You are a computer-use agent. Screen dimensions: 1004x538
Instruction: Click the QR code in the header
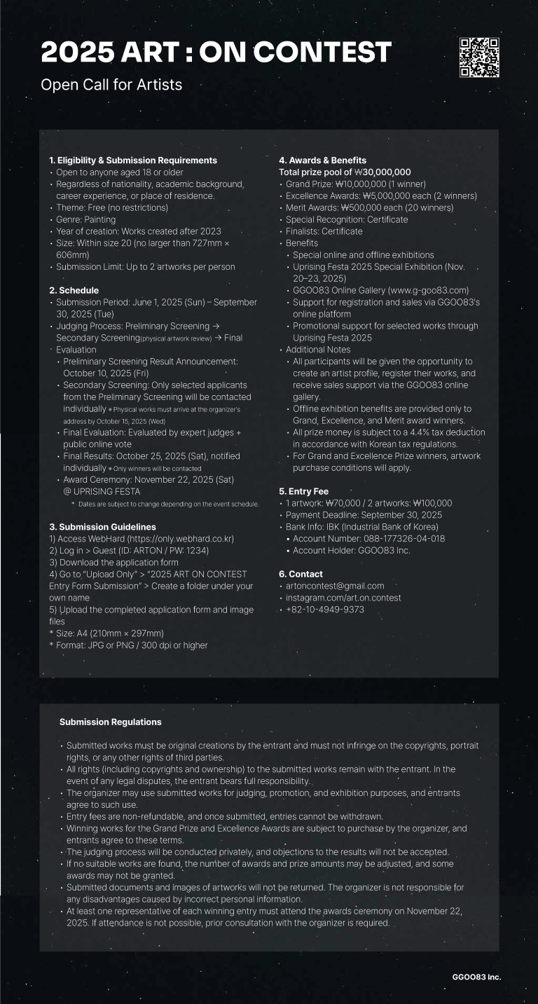(479, 57)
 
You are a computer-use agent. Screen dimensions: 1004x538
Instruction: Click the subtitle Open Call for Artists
(111, 85)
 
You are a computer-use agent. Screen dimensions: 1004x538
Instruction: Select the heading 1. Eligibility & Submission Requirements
(133, 160)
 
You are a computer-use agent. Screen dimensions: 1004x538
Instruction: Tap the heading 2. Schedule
(74, 290)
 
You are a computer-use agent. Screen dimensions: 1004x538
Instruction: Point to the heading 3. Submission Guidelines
(102, 527)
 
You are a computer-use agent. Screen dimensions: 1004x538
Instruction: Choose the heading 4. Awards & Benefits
(322, 160)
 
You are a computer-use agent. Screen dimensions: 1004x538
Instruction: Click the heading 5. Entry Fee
(303, 491)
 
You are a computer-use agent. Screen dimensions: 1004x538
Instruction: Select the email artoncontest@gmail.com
(335, 586)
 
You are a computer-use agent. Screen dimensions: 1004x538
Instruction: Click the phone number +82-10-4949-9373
(325, 610)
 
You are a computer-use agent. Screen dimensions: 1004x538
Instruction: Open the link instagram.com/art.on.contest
(343, 598)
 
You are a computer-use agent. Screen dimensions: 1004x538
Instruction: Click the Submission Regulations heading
(111, 722)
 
